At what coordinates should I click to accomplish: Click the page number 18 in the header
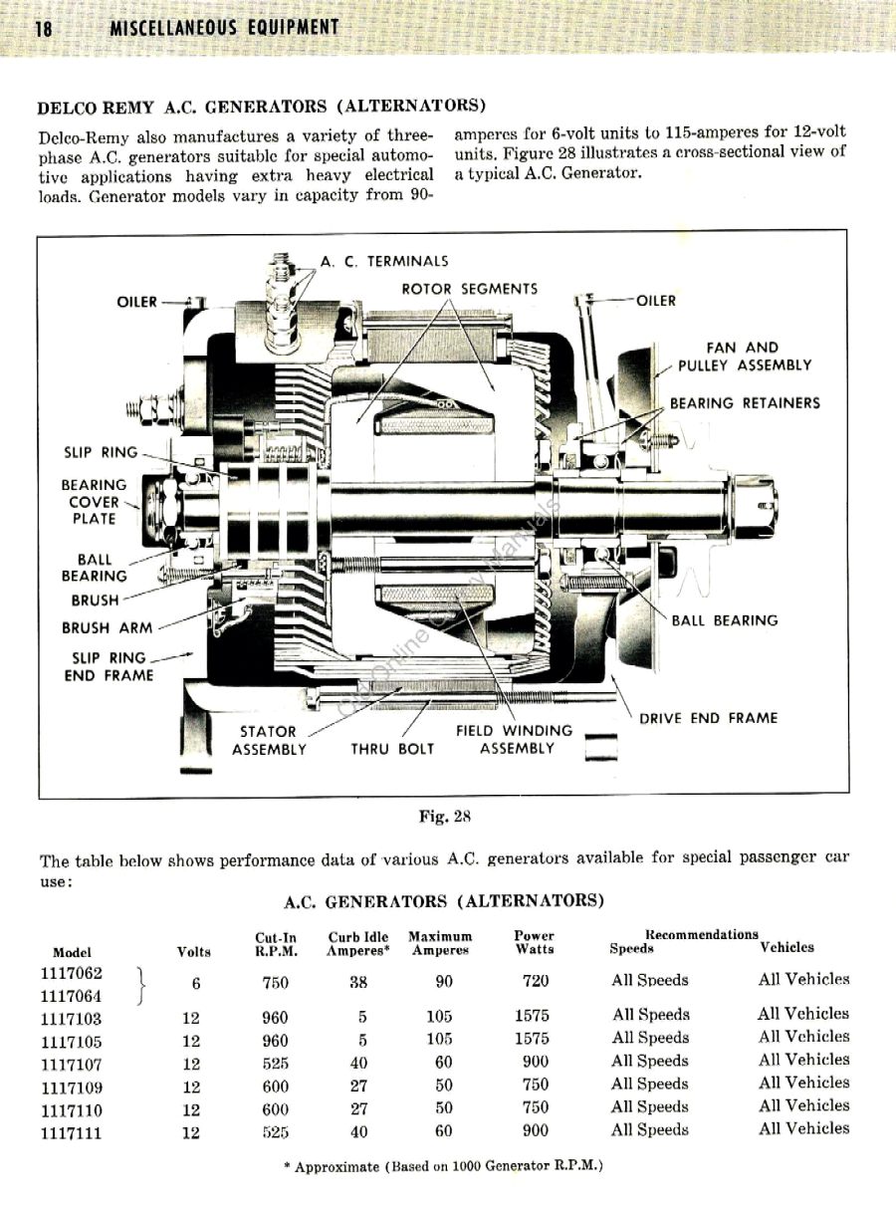point(43,29)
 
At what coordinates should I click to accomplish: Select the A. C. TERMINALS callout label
point(383,262)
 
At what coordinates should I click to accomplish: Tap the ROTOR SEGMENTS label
point(469,289)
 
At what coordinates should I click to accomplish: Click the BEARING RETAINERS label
point(745,403)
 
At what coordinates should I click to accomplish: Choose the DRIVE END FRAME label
point(708,718)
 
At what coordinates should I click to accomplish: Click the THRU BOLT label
point(392,749)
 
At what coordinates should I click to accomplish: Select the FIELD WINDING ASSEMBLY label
point(514,740)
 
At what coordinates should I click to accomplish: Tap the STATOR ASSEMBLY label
point(269,740)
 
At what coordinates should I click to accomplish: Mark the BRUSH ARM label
point(108,628)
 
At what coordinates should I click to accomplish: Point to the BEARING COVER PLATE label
point(94,502)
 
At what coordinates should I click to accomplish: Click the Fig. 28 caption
point(444,817)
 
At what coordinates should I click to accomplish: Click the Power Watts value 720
point(535,982)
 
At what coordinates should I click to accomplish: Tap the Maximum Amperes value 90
point(444,982)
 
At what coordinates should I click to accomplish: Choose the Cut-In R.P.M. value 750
point(275,983)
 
